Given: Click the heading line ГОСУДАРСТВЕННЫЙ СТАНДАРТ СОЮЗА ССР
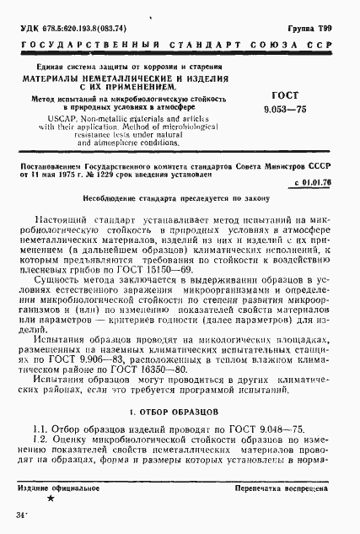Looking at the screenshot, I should tap(180, 45).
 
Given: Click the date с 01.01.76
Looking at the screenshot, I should tap(315, 182).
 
